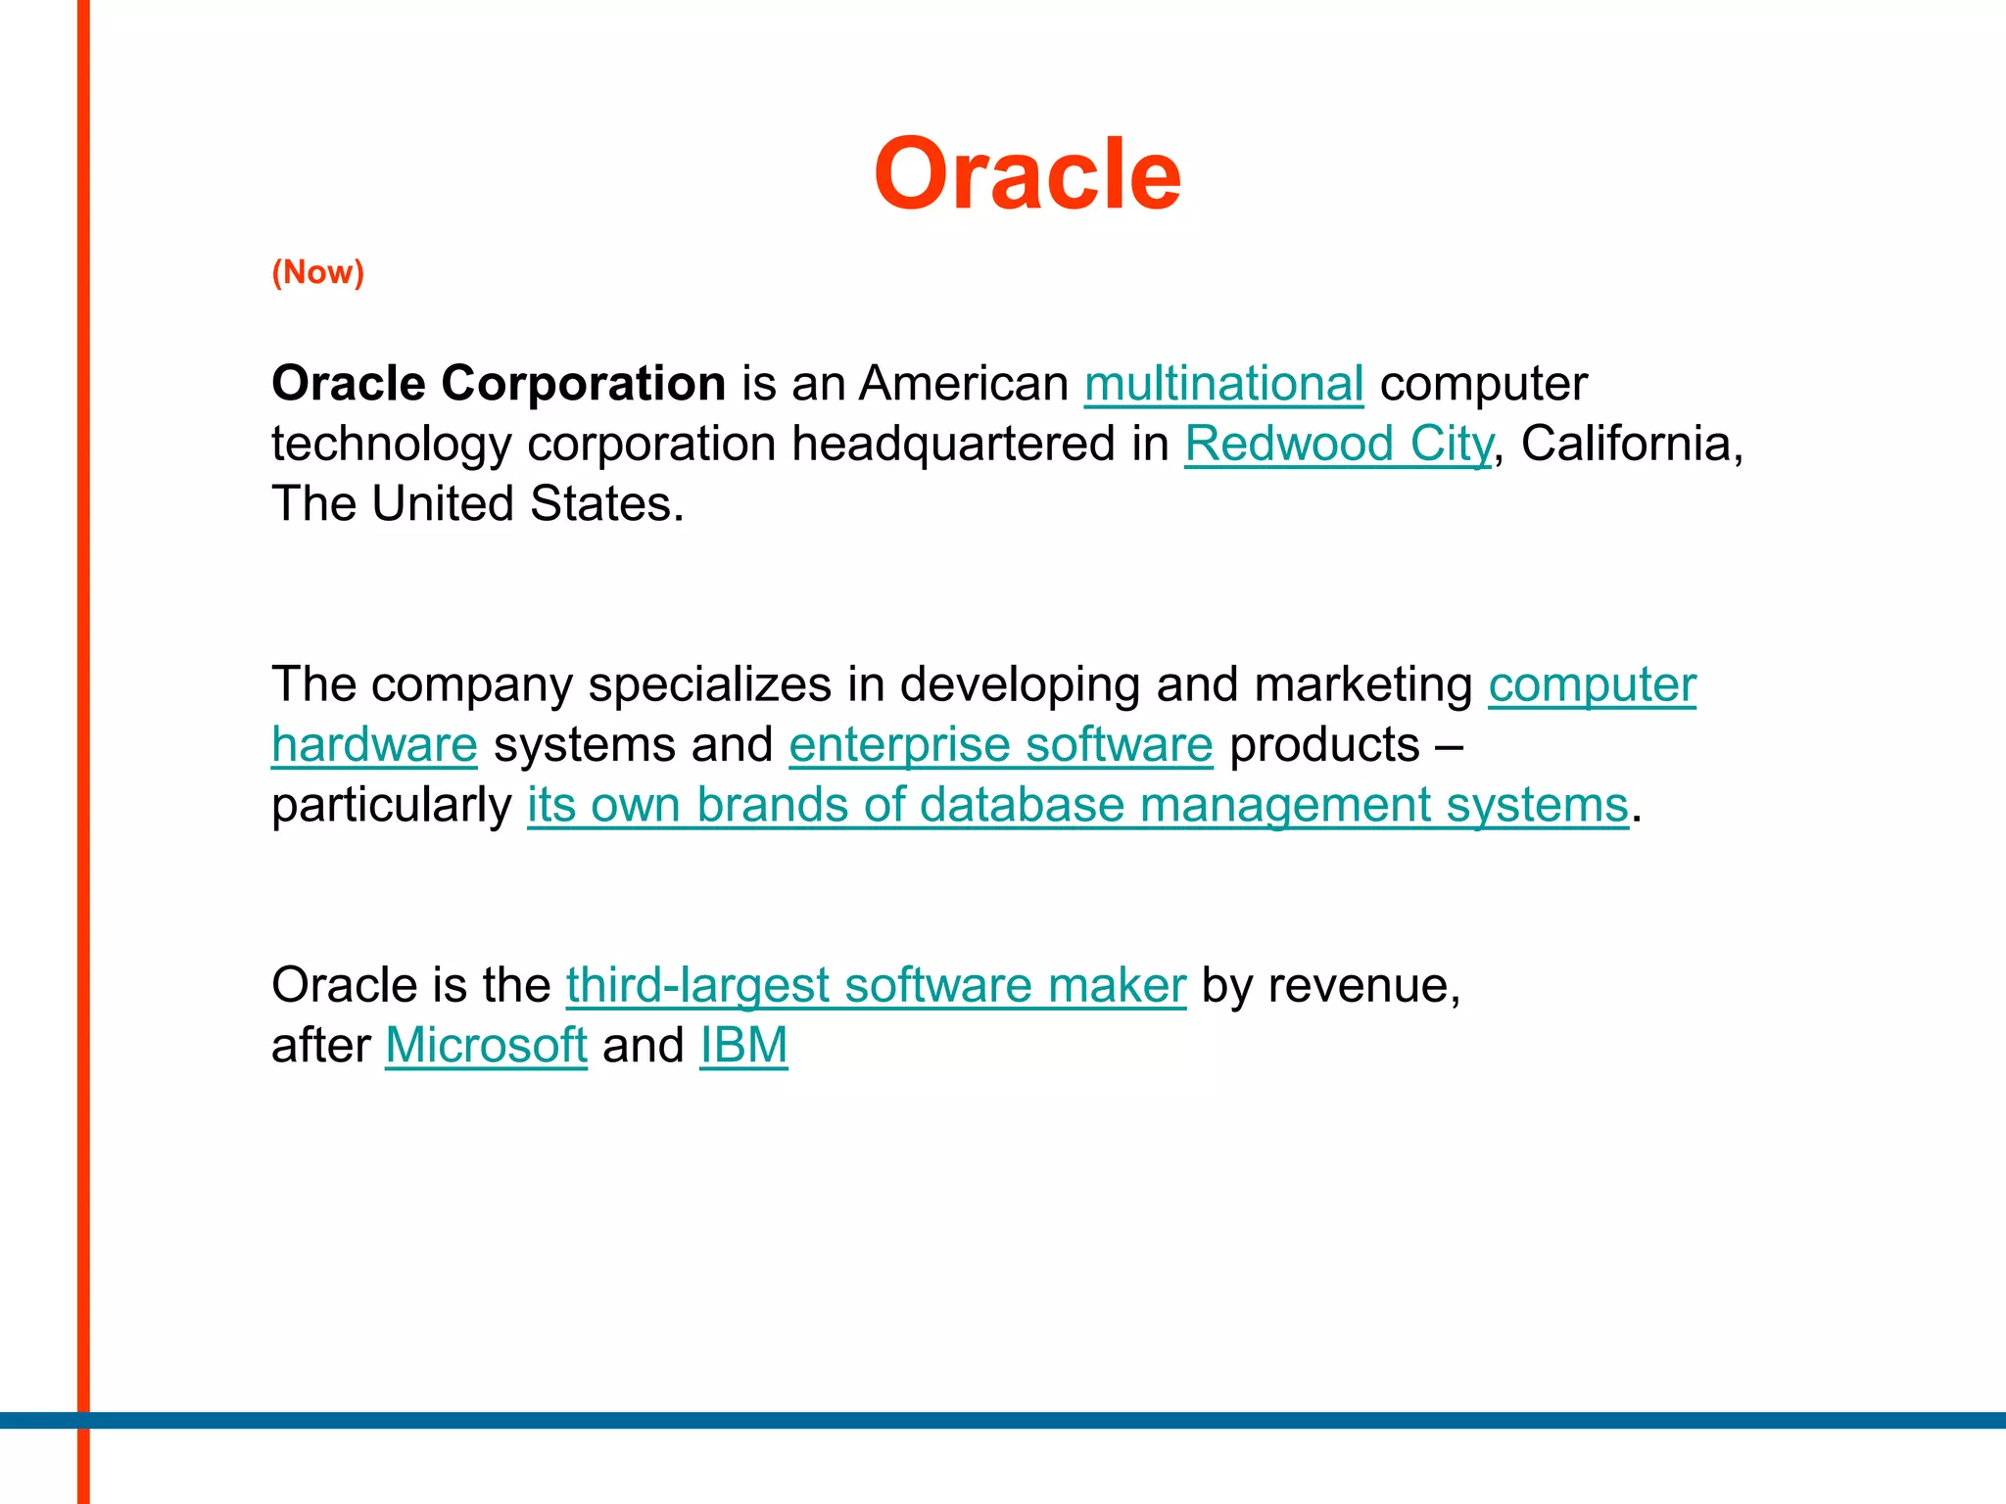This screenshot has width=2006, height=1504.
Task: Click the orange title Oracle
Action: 1027,174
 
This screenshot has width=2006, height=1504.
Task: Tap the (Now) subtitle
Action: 317,272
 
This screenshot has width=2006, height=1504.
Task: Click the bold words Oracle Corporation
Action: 498,383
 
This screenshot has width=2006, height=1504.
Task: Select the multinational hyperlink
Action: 1223,383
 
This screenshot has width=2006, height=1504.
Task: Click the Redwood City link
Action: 1338,444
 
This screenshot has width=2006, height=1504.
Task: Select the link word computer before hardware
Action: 1592,684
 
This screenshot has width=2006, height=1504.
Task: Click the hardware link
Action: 374,745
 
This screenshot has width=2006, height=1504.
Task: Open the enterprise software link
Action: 1000,745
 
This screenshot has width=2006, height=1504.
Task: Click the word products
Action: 1324,745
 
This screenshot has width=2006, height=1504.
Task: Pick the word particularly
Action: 391,806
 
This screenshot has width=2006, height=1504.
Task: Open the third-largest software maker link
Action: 876,985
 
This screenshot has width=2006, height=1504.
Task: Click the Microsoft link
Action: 486,1045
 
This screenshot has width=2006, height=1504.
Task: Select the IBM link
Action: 743,1045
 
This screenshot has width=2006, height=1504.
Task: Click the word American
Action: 964,383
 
